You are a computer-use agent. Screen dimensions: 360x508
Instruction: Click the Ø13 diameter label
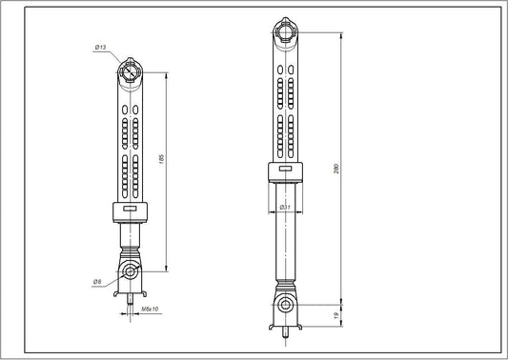point(102,48)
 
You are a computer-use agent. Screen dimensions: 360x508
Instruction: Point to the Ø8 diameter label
point(98,281)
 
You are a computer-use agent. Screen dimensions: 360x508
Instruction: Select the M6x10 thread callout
point(150,310)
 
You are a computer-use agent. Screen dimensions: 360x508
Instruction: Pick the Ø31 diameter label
point(284,207)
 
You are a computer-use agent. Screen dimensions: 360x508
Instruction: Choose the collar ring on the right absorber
point(285,170)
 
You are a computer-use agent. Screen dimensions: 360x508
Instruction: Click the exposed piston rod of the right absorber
point(285,238)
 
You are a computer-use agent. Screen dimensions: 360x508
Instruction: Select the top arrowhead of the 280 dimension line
point(340,32)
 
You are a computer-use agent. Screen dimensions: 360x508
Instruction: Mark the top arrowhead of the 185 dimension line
point(169,70)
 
